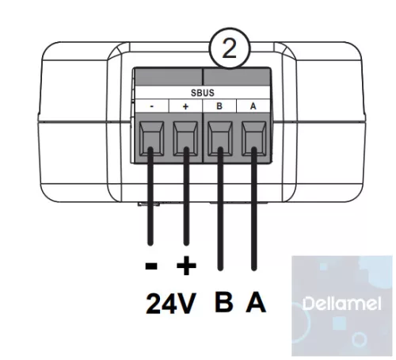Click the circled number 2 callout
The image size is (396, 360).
click(229, 48)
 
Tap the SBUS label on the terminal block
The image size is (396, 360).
click(203, 93)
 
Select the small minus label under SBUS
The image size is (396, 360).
click(151, 106)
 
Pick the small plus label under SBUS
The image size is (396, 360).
click(185, 106)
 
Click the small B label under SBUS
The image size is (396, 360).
click(219, 106)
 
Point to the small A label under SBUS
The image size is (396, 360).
click(253, 106)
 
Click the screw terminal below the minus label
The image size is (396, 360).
click(151, 138)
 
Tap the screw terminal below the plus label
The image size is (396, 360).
click(185, 138)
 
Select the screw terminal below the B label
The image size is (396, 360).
click(220, 138)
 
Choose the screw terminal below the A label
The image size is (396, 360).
click(254, 138)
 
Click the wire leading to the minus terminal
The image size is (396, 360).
click(150, 196)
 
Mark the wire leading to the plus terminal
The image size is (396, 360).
click(186, 196)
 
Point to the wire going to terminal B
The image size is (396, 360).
click(220, 209)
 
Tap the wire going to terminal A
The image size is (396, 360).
click(254, 209)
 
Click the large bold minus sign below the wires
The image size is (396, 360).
click(151, 266)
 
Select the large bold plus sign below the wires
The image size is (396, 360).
click(186, 266)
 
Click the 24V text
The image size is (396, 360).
click(171, 304)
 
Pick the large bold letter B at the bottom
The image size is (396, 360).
click(224, 302)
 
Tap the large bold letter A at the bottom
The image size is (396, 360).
click(256, 302)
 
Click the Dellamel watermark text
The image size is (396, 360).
click(341, 304)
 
